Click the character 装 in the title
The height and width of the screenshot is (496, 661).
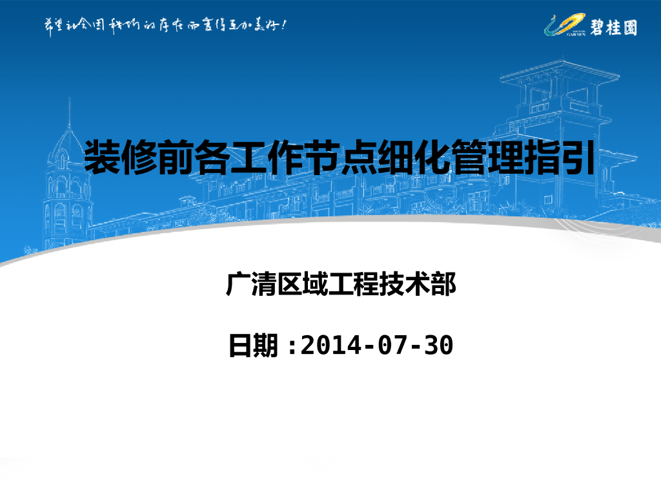point(103,157)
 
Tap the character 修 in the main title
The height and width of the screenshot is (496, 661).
point(139,157)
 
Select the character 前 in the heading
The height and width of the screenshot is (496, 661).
point(176,157)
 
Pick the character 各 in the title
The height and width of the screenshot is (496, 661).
point(213,157)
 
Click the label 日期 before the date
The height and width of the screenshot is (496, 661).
point(254,346)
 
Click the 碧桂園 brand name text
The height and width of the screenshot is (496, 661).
point(613,27)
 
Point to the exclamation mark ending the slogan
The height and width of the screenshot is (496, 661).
point(283,25)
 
